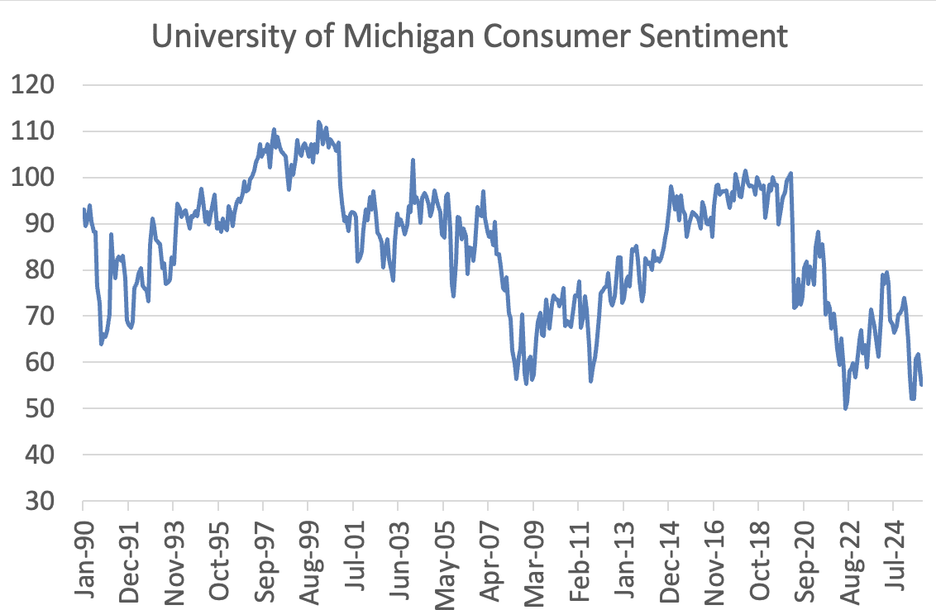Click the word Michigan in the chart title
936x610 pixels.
388,38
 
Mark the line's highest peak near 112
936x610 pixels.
318,122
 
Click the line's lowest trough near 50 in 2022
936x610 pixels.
845,408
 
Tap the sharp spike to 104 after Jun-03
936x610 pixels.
413,160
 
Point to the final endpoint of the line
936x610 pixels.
921,384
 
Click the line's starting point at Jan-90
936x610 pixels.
84,209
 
